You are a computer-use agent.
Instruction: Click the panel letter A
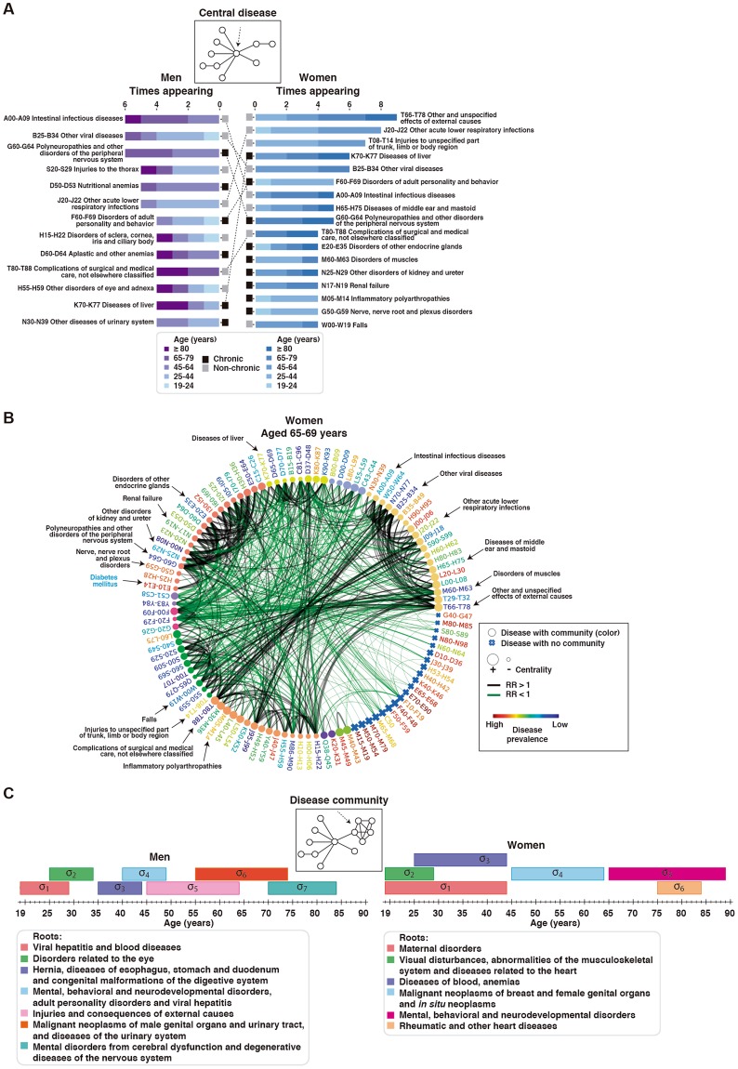coord(10,10)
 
